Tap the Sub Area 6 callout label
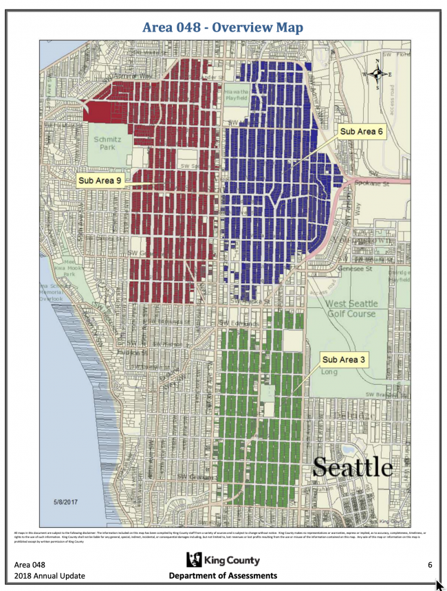(x=361, y=131)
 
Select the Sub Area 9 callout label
(x=100, y=181)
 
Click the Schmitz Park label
(x=107, y=142)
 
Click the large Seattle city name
(x=352, y=467)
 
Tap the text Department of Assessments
(x=223, y=576)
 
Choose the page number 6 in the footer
(x=429, y=565)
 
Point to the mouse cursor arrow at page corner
(x=440, y=586)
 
